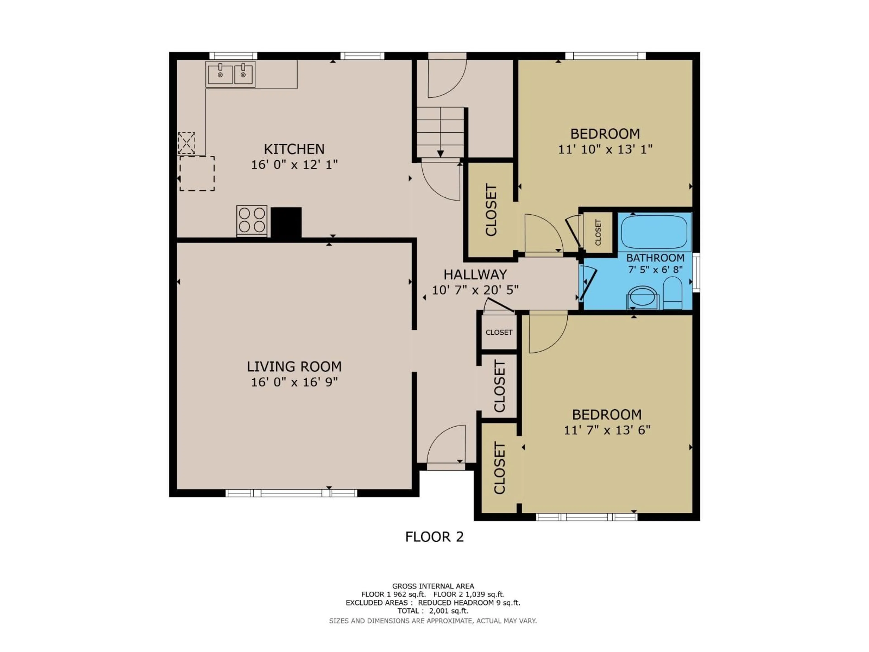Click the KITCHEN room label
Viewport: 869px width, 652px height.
click(x=294, y=149)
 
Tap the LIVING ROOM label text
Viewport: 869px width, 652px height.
click(x=294, y=367)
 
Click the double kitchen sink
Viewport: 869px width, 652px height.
click(x=231, y=74)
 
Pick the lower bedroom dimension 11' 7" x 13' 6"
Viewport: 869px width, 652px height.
click(x=607, y=430)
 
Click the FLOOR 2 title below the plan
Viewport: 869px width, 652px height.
click(x=434, y=537)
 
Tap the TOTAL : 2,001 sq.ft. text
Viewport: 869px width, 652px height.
click(x=433, y=611)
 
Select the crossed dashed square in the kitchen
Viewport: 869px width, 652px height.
click(x=187, y=143)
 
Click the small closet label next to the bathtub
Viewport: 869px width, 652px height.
click(x=598, y=232)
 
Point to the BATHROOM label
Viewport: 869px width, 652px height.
click(x=655, y=258)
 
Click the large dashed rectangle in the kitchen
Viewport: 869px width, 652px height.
click(x=197, y=173)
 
